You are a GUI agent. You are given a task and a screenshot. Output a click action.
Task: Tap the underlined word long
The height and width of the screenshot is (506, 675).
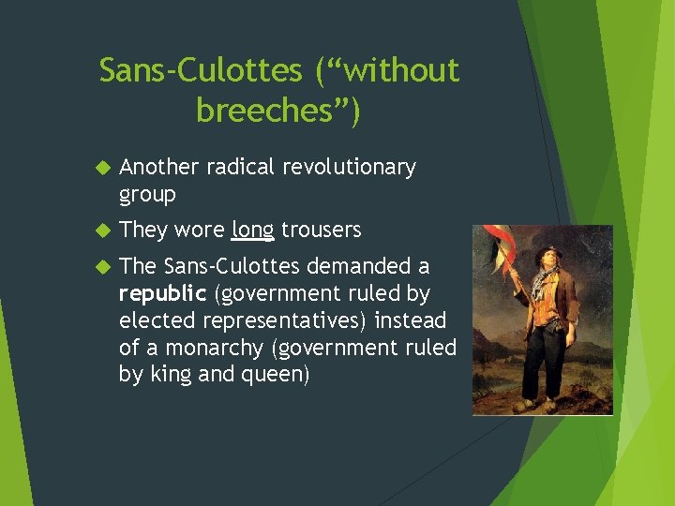click(252, 230)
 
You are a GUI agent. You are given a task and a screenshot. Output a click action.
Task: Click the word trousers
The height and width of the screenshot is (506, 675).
click(322, 230)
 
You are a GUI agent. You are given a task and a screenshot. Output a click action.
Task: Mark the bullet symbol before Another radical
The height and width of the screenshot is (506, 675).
click(103, 168)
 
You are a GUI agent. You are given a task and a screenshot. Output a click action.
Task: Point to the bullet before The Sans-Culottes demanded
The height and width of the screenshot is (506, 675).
click(103, 267)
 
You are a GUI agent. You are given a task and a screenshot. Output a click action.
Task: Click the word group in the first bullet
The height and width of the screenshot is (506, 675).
click(147, 194)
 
